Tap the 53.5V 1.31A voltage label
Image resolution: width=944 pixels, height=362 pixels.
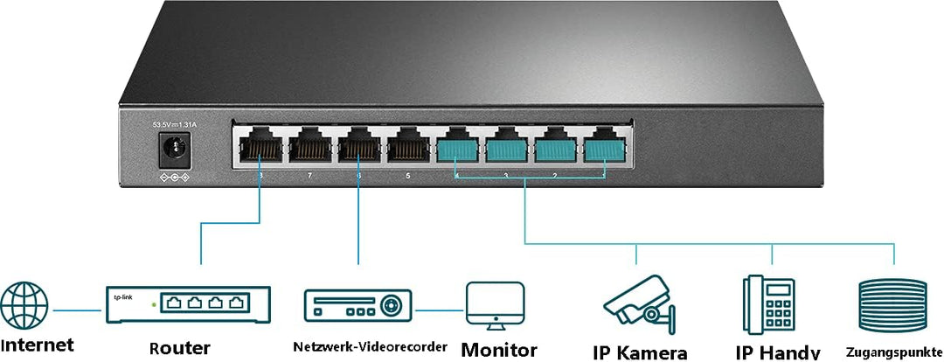coord(173,125)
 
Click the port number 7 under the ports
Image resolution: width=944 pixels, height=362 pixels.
coord(309,176)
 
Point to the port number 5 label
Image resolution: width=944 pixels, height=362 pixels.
coord(407,176)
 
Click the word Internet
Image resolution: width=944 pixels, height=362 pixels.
coord(37,345)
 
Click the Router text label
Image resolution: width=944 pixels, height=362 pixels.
coord(179,348)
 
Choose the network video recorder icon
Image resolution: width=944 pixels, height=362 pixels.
coord(358,306)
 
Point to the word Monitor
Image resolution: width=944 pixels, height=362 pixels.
coord(499,350)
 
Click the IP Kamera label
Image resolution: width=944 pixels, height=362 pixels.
coord(640,352)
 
